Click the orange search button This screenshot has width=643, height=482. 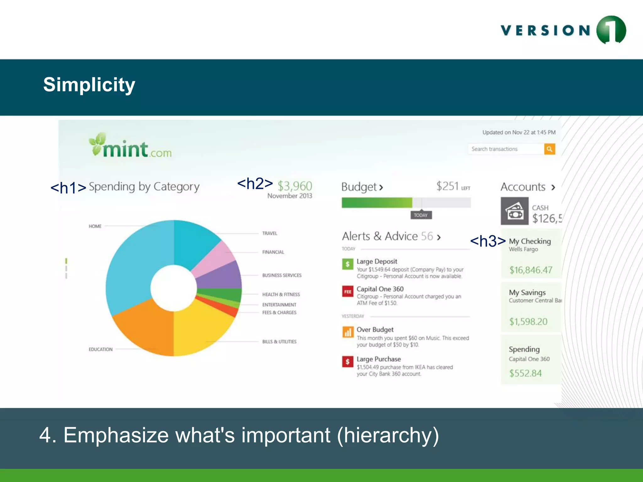tap(549, 149)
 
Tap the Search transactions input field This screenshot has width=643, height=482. tap(505, 149)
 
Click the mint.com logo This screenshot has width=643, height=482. tap(130, 146)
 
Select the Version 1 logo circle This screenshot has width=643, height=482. tap(611, 30)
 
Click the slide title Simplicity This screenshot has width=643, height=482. tap(89, 85)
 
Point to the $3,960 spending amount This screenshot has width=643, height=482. tap(295, 186)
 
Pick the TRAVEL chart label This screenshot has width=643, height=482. tap(270, 233)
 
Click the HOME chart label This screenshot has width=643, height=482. tap(95, 226)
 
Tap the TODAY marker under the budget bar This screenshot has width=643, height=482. tap(421, 215)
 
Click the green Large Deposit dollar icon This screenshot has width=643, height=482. tap(348, 264)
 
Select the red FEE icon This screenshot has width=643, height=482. tap(348, 292)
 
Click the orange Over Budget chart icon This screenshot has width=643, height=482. tap(348, 332)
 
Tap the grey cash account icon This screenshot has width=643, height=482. tap(514, 211)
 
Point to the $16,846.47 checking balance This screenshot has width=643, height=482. tap(531, 270)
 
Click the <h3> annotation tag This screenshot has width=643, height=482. tap(488, 241)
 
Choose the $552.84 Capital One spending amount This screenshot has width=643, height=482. tap(525, 373)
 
